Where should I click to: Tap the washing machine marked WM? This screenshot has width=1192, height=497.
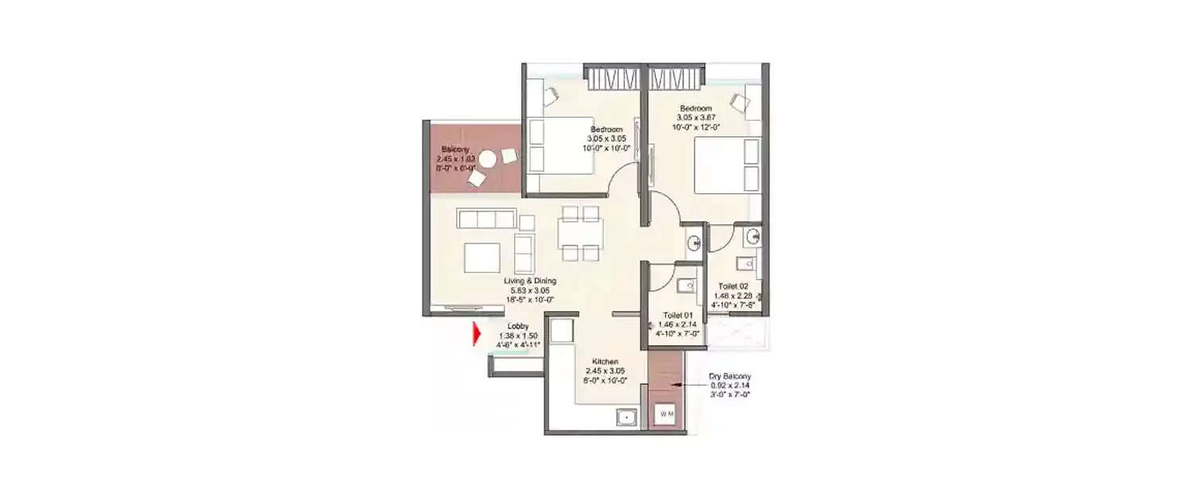click(667, 414)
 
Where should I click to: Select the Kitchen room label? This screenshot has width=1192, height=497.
click(605, 362)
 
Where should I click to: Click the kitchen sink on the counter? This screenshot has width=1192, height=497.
click(626, 416)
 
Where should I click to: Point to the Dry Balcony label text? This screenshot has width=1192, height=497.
click(730, 376)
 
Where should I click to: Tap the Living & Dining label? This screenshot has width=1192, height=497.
click(529, 281)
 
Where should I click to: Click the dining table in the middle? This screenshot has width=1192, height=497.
click(579, 234)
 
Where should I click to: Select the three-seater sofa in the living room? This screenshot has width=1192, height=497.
click(486, 218)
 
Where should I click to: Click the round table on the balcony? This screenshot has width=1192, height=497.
click(486, 160)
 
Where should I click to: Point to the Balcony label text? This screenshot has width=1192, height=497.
click(455, 149)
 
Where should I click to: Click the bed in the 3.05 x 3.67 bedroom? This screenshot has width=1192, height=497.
click(727, 165)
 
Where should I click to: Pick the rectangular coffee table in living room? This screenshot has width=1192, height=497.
click(482, 258)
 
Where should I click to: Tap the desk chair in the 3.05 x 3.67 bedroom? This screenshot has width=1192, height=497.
click(739, 102)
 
